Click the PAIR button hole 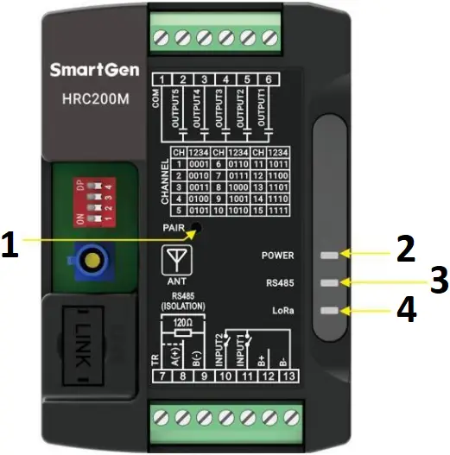(x=198, y=227)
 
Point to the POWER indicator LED (x=327, y=256)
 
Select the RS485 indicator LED (x=327, y=282)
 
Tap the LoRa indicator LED (x=327, y=309)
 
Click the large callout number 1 (x=10, y=246)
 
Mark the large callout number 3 (x=439, y=280)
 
